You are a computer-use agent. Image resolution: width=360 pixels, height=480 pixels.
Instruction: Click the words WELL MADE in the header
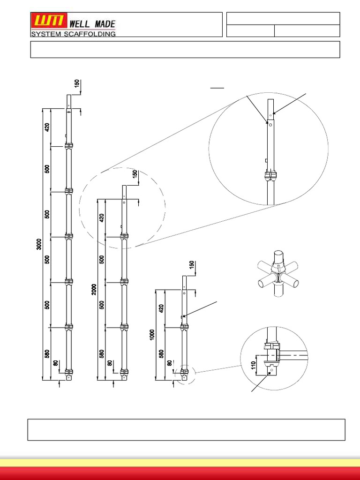(92, 23)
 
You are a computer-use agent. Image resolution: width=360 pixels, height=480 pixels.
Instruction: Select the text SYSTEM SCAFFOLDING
(73, 34)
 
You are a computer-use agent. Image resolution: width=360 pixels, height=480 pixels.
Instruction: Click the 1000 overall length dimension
(152, 334)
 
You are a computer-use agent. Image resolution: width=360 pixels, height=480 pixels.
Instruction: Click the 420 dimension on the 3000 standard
(47, 127)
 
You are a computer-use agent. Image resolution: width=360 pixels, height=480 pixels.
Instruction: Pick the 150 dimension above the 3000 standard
(76, 84)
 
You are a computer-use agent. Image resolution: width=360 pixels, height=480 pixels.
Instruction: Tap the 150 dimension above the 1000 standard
(191, 265)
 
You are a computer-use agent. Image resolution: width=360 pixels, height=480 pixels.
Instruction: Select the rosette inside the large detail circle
(270, 177)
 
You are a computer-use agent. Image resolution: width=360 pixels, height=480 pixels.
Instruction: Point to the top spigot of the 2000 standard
(123, 192)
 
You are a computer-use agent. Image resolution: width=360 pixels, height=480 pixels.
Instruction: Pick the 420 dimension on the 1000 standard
(162, 308)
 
